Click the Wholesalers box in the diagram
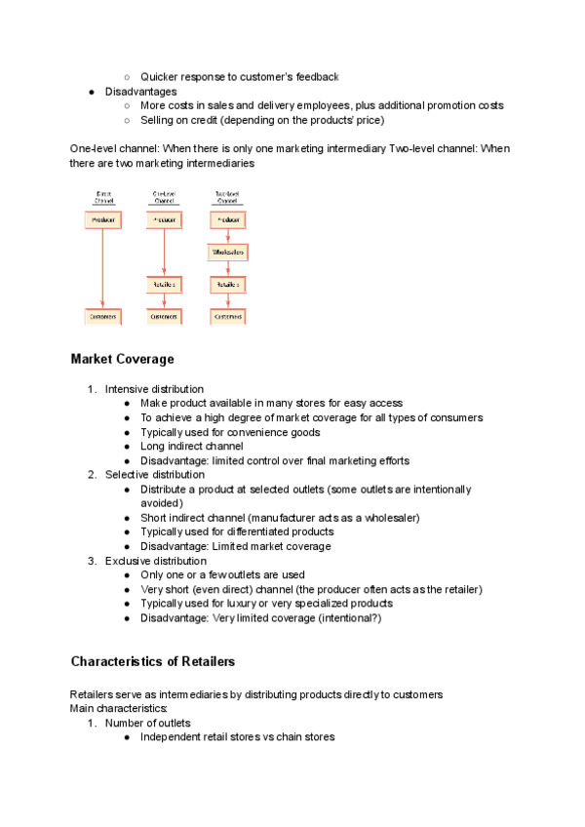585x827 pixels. point(228,253)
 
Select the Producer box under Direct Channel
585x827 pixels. point(103,220)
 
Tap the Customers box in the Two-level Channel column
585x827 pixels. point(228,316)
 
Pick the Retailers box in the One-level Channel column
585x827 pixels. point(164,285)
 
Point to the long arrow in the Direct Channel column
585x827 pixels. point(103,268)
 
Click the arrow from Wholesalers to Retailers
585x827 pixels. point(228,269)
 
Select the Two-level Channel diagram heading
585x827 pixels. point(228,197)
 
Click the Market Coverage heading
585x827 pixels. point(122,359)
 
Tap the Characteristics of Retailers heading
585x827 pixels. point(152,661)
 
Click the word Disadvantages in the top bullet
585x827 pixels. point(141,91)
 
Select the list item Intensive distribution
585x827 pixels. point(154,389)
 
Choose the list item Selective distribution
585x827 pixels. point(154,474)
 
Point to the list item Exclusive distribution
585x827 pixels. point(156,561)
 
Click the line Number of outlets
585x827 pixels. point(148,723)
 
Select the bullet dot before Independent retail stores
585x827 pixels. point(128,737)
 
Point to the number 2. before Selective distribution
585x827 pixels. point(93,474)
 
